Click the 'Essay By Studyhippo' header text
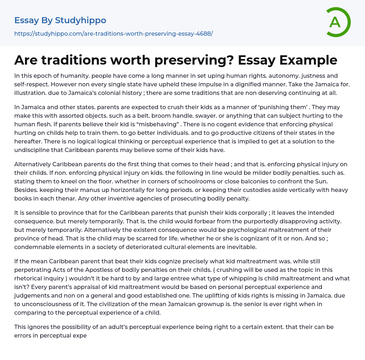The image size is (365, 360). click(60, 20)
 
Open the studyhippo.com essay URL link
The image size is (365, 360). click(113, 34)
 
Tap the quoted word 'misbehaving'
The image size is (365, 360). click(151, 124)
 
